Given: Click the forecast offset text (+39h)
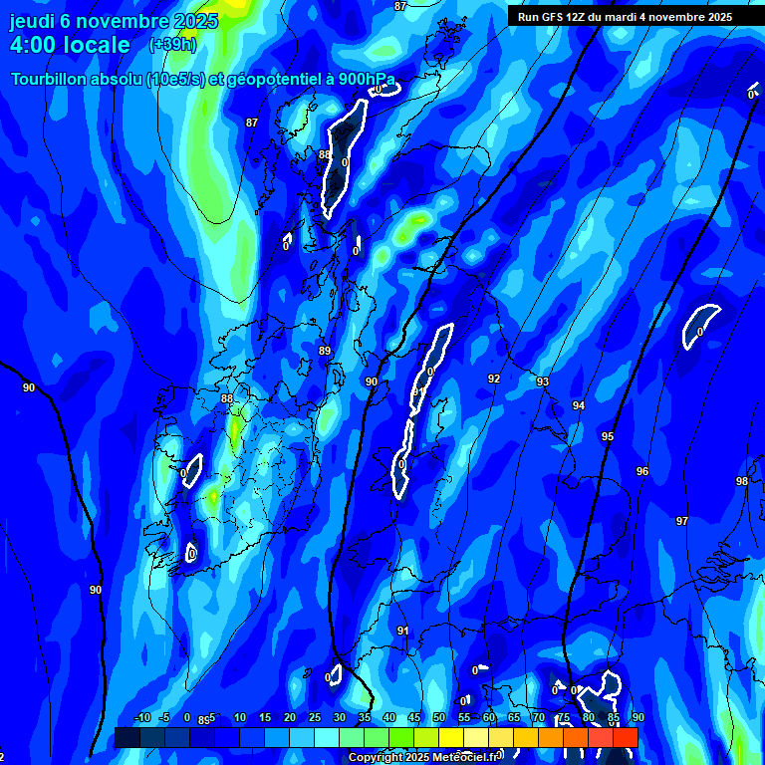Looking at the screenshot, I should point(172,45).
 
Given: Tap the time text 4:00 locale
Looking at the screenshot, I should point(70,45).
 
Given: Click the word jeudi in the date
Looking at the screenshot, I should point(33,20).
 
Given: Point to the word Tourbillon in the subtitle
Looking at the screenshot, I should point(51,80).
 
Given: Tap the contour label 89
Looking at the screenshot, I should point(324,352).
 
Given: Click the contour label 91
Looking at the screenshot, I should point(402,631).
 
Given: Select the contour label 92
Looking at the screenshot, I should point(494,380).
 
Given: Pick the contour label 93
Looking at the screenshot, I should point(543,382).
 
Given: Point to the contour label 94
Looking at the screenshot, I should point(578,405).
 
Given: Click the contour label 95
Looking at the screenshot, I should point(608,437).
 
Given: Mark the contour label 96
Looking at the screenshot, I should point(642,471).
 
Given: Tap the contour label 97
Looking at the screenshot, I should point(681,521).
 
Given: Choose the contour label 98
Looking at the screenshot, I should point(742,481).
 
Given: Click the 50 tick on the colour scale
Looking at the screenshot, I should point(439,718).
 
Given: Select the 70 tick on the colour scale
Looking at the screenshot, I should point(539,718).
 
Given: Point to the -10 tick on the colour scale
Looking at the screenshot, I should point(141,718).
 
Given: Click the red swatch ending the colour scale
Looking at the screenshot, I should point(625,737).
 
